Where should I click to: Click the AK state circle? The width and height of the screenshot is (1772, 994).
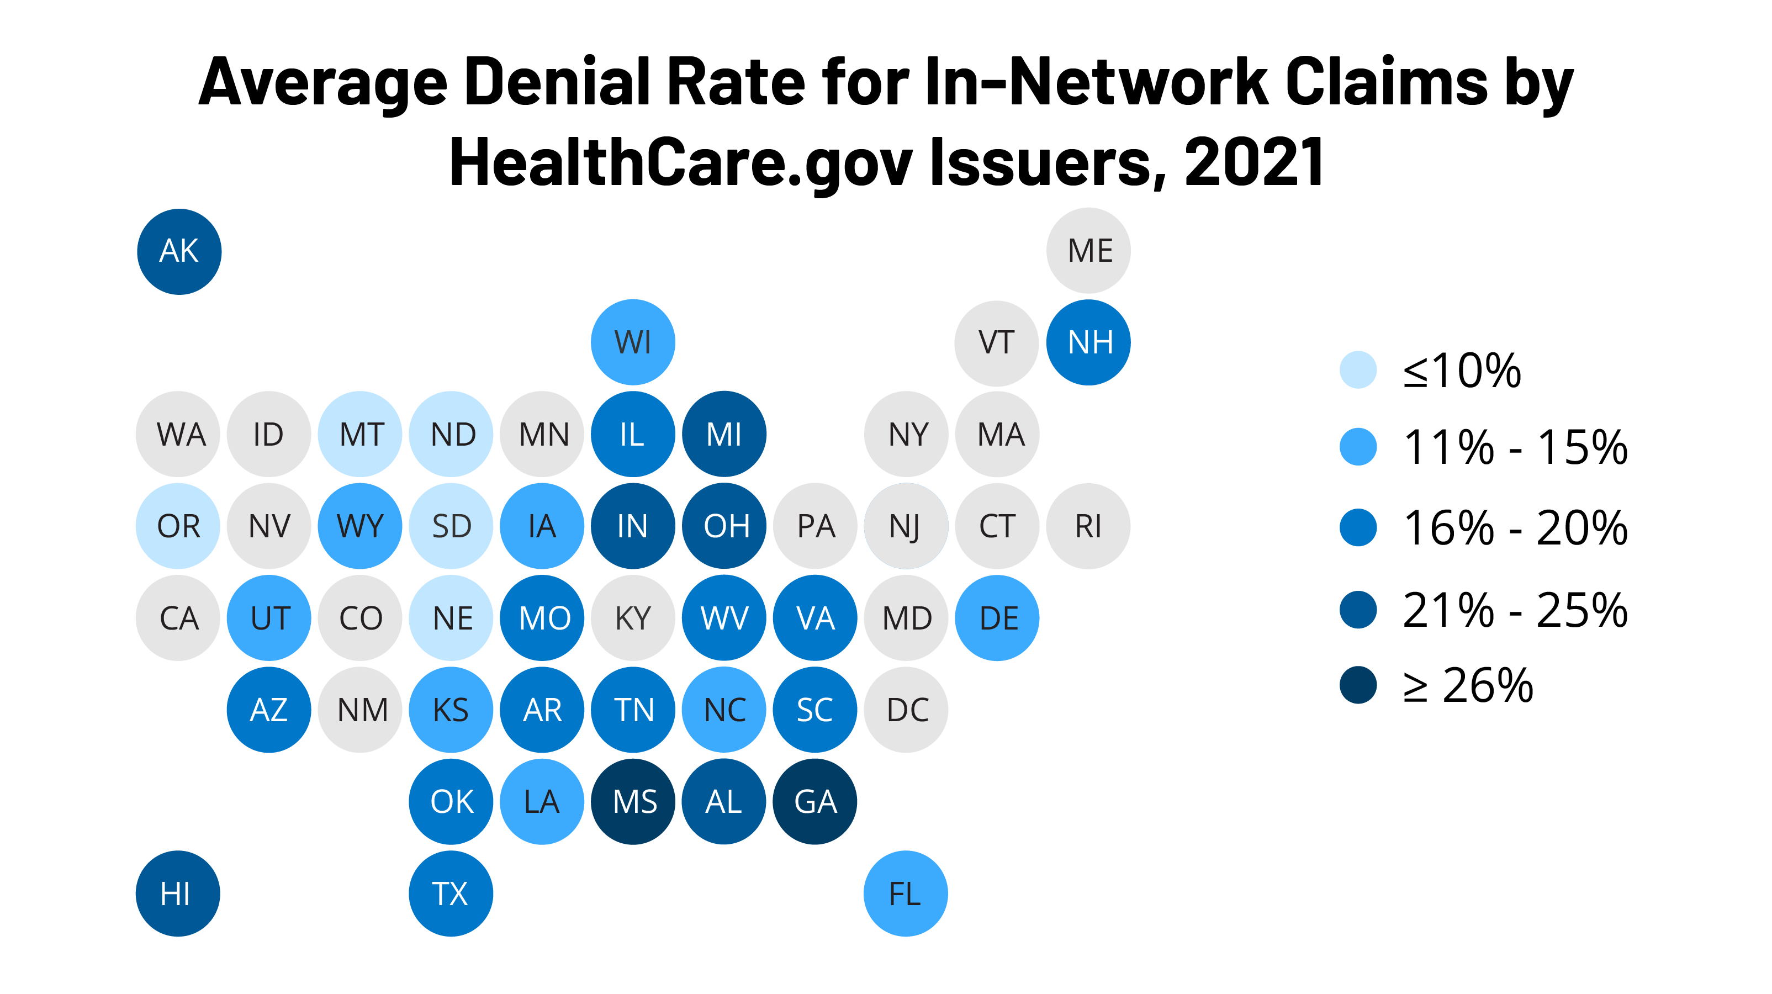click(179, 251)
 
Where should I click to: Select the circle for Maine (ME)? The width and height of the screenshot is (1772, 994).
click(1088, 250)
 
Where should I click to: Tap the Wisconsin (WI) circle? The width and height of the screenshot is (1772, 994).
click(633, 342)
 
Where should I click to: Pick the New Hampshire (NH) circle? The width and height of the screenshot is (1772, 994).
click(1088, 342)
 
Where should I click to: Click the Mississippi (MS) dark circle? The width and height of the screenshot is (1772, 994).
click(633, 801)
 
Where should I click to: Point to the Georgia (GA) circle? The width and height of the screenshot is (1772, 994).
click(815, 801)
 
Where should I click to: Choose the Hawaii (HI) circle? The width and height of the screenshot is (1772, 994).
click(177, 893)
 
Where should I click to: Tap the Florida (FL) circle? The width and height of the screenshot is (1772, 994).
click(905, 893)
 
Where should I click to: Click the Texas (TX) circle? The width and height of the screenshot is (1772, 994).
click(451, 893)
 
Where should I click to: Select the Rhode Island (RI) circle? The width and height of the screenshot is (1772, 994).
click(1088, 526)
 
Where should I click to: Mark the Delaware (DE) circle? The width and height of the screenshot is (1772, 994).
click(997, 618)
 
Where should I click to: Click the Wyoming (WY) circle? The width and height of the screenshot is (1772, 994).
click(360, 526)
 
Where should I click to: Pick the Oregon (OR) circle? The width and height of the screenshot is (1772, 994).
click(177, 526)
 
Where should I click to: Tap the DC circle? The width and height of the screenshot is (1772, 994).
click(906, 709)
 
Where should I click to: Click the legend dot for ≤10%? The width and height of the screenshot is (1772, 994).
click(1358, 370)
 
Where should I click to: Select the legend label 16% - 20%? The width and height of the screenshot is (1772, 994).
click(1515, 528)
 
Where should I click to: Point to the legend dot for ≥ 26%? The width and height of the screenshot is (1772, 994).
click(1358, 685)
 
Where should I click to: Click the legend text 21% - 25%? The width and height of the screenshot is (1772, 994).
click(1515, 610)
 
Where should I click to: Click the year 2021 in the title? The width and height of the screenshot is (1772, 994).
click(1253, 162)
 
